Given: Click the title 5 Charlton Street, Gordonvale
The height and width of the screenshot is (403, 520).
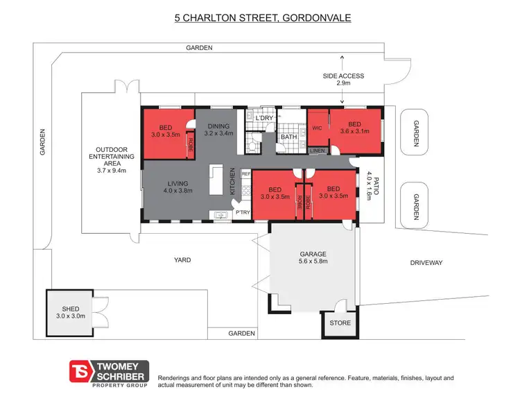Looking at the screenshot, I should pos(263,16).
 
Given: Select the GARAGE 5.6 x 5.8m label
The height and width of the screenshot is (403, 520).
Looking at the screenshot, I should pos(313,257).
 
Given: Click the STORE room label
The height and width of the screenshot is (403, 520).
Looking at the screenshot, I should pos(340,323).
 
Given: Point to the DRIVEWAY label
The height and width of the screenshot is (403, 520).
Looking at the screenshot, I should pos(426,262).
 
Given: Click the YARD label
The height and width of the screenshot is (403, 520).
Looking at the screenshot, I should pos(182,260).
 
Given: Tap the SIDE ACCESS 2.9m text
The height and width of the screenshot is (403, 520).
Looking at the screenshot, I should pos(343,78).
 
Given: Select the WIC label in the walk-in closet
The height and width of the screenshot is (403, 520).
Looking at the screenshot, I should pos(318,128).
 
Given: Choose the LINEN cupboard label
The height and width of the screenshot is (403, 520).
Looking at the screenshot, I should pos(317,151).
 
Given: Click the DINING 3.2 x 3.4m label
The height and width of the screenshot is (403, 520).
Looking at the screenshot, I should pos(220,129).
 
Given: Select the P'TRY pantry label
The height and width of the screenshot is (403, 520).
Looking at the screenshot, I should pos(243,212).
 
